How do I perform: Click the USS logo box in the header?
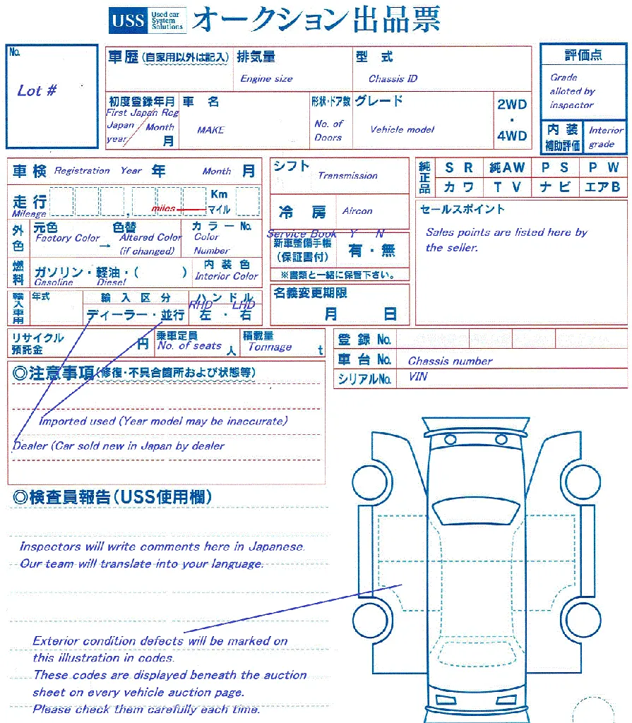128,20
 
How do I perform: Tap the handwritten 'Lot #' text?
37,90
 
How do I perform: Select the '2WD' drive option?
512,104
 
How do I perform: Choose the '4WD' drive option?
512,136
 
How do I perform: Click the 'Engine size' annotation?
266,79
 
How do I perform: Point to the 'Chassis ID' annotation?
393,79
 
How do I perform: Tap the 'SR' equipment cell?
459,168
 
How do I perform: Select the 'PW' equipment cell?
604,168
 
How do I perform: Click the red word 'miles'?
163,209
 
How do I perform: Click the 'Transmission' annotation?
347,176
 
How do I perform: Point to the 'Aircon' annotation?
357,211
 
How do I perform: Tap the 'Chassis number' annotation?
450,361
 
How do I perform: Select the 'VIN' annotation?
418,377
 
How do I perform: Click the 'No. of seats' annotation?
189,346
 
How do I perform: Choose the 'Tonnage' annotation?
270,347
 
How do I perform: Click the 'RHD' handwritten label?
201,305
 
